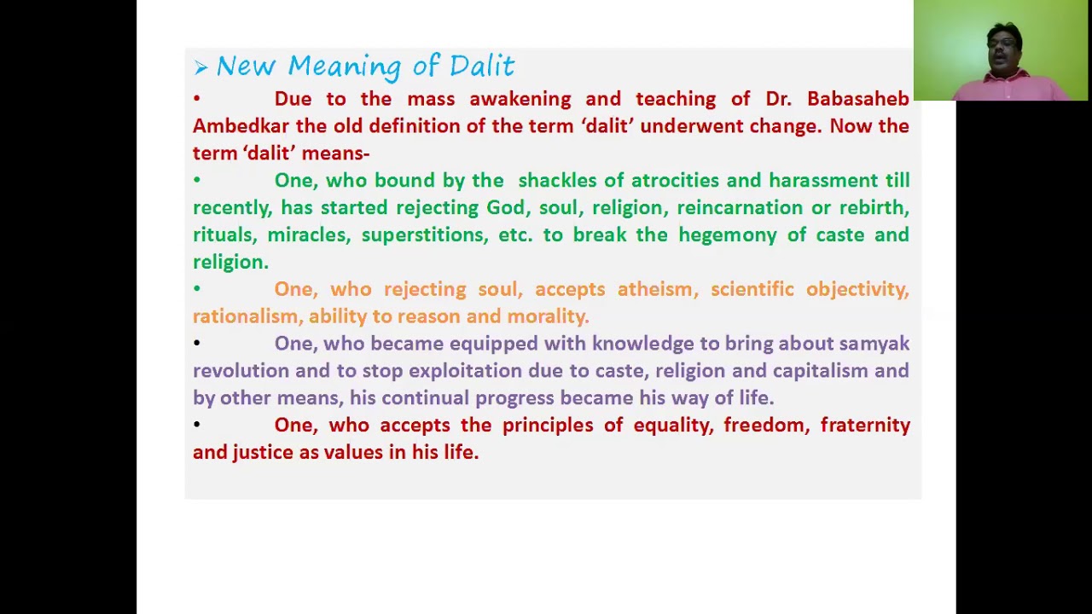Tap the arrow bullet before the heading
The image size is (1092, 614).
pos(200,67)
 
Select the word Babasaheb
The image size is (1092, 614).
pos(857,99)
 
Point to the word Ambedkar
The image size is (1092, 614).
pos(241,126)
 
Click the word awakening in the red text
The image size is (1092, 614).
pos(520,99)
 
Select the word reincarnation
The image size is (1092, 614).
pos(740,208)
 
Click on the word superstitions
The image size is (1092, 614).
pos(422,235)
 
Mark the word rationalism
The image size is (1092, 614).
pos(245,317)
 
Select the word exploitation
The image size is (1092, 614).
pos(465,371)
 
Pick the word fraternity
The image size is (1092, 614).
pos(865,426)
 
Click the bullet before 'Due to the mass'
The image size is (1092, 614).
pos(196,99)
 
